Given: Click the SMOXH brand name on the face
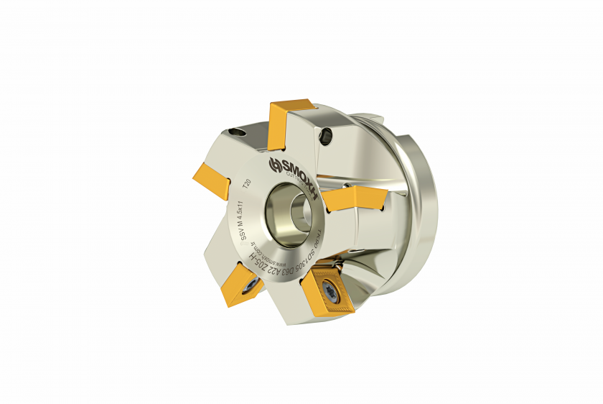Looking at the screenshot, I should click(296, 165).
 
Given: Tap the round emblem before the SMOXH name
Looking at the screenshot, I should click(274, 167).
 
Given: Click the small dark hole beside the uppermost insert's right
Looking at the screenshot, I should click(328, 134).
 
